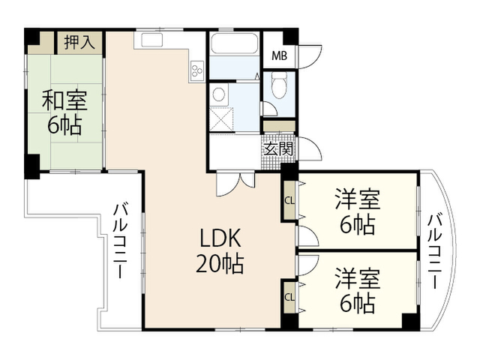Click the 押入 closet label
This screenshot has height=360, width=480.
point(79,42)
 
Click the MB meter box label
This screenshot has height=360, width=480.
point(280,56)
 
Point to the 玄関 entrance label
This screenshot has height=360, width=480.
point(278,149)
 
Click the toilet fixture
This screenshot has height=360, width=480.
point(278,85)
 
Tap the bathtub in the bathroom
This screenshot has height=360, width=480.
point(235,43)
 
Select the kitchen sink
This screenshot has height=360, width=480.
point(151,40)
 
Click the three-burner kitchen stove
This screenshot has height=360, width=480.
point(196,70)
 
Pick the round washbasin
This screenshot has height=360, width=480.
point(218,94)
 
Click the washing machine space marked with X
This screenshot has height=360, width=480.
point(221,119)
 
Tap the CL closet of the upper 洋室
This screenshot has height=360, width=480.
point(289,201)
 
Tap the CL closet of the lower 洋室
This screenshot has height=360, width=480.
point(289,297)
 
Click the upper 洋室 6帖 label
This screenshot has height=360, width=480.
point(358,211)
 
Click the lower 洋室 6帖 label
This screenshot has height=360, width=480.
point(358,291)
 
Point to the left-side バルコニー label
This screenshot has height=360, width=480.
point(120,241)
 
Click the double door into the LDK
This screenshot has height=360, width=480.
point(235,183)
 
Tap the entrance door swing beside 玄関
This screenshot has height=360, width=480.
point(310,148)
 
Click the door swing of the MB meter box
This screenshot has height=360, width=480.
point(310,57)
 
